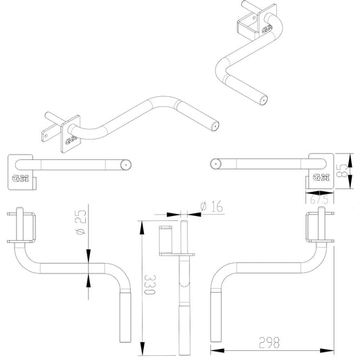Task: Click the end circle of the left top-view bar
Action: click(x=125, y=165)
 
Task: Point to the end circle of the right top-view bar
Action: click(x=216, y=165)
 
